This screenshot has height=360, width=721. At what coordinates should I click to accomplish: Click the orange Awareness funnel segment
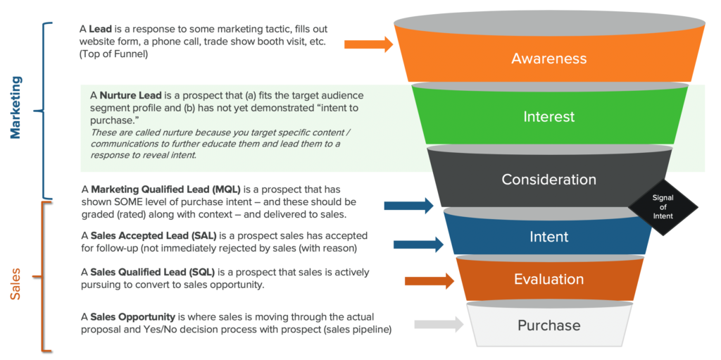[548, 58]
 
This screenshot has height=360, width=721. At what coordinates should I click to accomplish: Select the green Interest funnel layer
[548, 116]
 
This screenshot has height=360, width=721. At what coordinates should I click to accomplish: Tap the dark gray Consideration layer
[548, 179]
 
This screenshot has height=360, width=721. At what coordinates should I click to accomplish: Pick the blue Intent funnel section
[548, 236]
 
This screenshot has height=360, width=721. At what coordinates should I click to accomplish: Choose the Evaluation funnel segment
[548, 279]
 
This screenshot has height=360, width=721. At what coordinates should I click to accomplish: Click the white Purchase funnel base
[548, 325]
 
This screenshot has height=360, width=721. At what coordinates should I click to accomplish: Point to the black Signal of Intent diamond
[663, 207]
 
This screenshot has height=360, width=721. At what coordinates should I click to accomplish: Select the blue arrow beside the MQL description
[409, 205]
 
